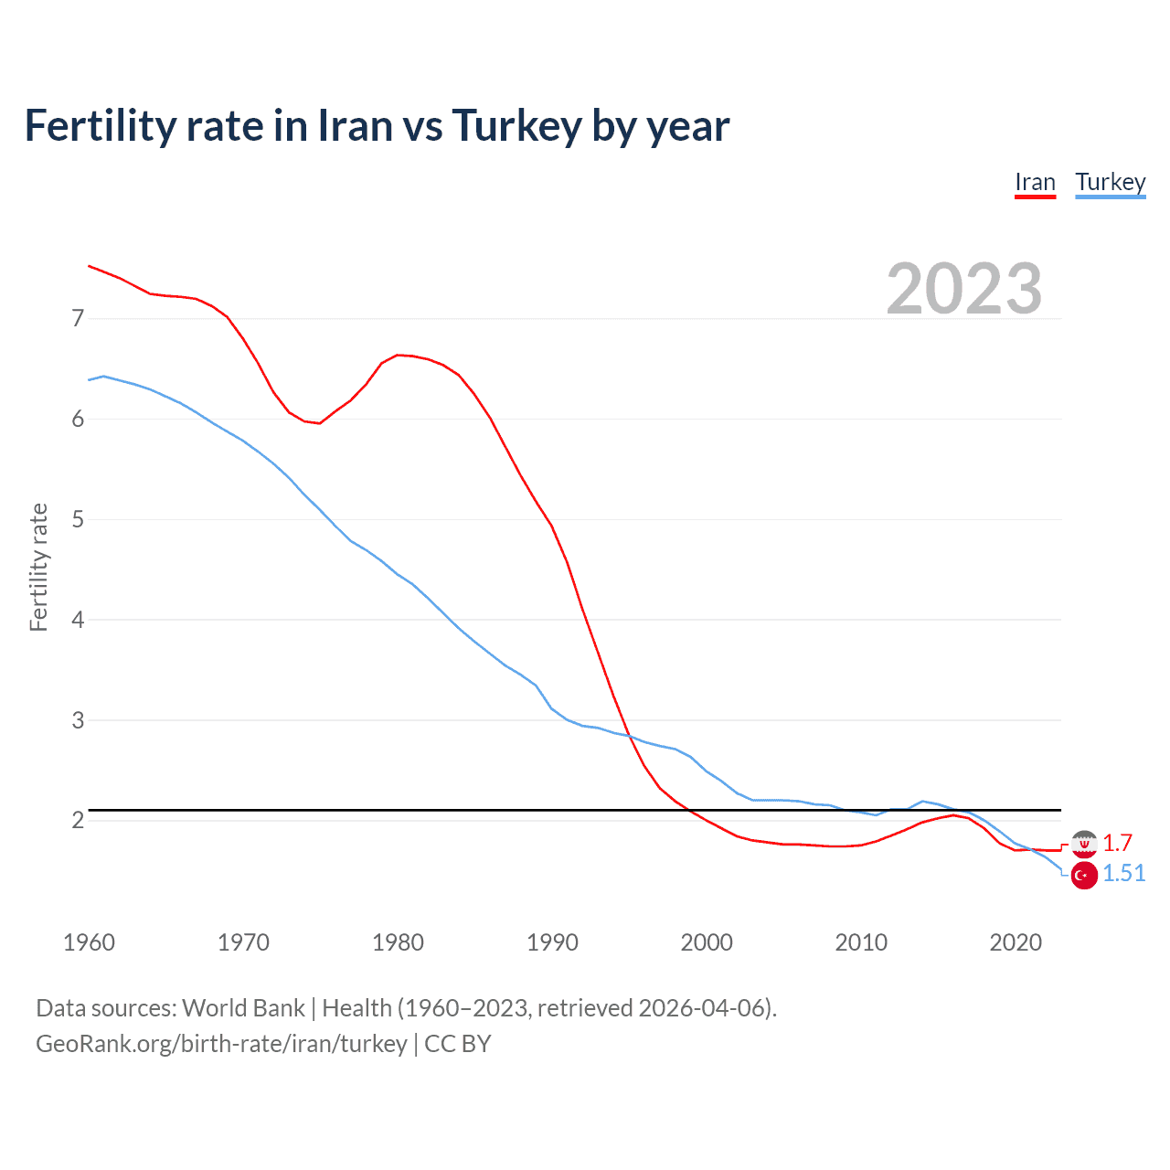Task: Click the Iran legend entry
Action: pyautogui.click(x=1035, y=183)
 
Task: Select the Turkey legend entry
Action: pyautogui.click(x=1110, y=183)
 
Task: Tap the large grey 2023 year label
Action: pyautogui.click(x=964, y=289)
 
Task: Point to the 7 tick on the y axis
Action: pyautogui.click(x=78, y=318)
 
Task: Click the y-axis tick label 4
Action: pyautogui.click(x=78, y=620)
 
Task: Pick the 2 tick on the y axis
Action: pyautogui.click(x=78, y=820)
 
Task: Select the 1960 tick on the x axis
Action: pyautogui.click(x=89, y=942)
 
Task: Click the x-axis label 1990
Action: pyautogui.click(x=552, y=942)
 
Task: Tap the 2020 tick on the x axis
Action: pyautogui.click(x=1016, y=942)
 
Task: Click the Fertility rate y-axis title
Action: pyautogui.click(x=38, y=567)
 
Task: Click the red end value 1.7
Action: pyautogui.click(x=1117, y=843)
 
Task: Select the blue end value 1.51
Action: pyautogui.click(x=1123, y=874)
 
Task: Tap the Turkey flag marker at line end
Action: pyautogui.click(x=1084, y=876)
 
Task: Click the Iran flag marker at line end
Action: pyautogui.click(x=1084, y=844)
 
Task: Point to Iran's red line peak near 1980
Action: pyautogui.click(x=398, y=355)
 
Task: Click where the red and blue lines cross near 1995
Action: pyautogui.click(x=630, y=737)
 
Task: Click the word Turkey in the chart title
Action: pyautogui.click(x=516, y=126)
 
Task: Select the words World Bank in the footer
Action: pyautogui.click(x=243, y=1008)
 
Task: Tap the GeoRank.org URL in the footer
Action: pyautogui.click(x=221, y=1044)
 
